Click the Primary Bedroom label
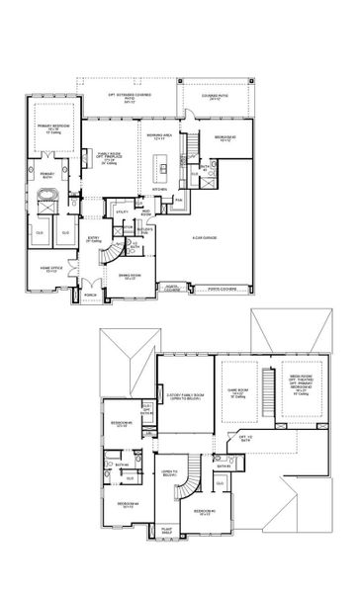click(50, 128)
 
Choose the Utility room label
click(123, 211)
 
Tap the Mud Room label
click(145, 210)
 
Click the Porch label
click(89, 295)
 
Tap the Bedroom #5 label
click(118, 425)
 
